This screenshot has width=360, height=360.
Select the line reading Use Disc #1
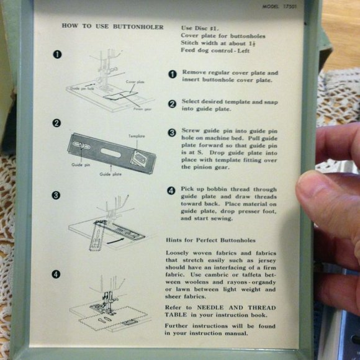pyautogui.click(x=199, y=29)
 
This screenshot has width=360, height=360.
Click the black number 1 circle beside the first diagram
pyautogui.click(x=57, y=54)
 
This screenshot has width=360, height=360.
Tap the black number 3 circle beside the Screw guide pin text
pyautogui.click(x=173, y=133)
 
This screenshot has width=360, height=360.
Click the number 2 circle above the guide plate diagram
pyautogui.click(x=57, y=123)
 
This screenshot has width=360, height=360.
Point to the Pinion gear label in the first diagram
pyautogui.click(x=142, y=108)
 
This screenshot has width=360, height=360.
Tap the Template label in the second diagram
pyautogui.click(x=137, y=136)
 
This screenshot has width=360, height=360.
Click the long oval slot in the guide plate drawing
pyautogui.click(x=110, y=151)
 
